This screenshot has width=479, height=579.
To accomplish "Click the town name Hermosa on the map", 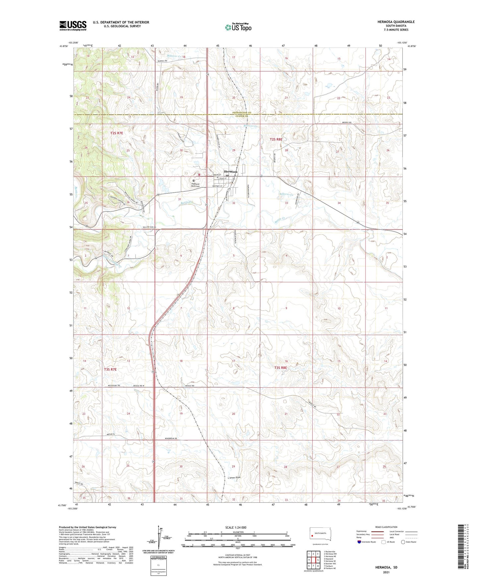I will [x=230, y=172].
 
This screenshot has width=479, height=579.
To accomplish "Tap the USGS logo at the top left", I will [x=73, y=26].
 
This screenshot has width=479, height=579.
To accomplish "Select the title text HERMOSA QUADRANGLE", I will [x=396, y=22].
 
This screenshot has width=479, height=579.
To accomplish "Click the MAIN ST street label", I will [x=217, y=175].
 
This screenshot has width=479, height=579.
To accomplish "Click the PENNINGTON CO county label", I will [x=241, y=113].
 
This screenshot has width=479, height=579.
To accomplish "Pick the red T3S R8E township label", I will [x=280, y=368].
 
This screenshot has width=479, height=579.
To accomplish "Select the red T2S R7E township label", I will [x=117, y=133].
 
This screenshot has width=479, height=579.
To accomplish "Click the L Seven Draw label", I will [x=234, y=478].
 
